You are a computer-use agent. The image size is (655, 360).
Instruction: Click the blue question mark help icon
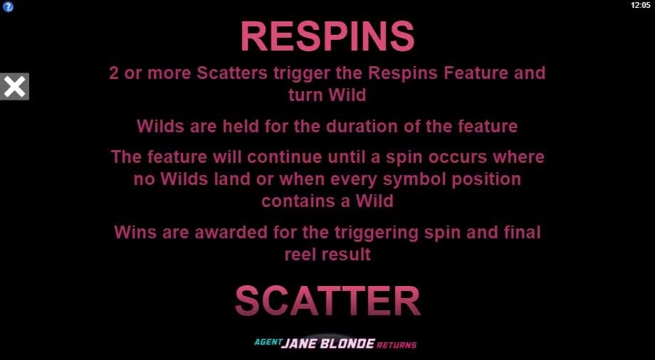[8, 7]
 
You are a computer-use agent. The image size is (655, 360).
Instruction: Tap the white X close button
[15, 87]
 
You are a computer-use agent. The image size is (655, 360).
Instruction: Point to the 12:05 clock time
[641, 6]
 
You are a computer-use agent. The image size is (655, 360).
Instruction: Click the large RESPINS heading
[327, 36]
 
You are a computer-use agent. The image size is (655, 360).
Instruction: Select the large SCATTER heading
[327, 301]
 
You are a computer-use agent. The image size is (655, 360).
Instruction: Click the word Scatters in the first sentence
[232, 73]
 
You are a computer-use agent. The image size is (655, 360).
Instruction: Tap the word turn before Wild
[306, 95]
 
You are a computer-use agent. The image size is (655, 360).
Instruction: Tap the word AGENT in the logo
[267, 342]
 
